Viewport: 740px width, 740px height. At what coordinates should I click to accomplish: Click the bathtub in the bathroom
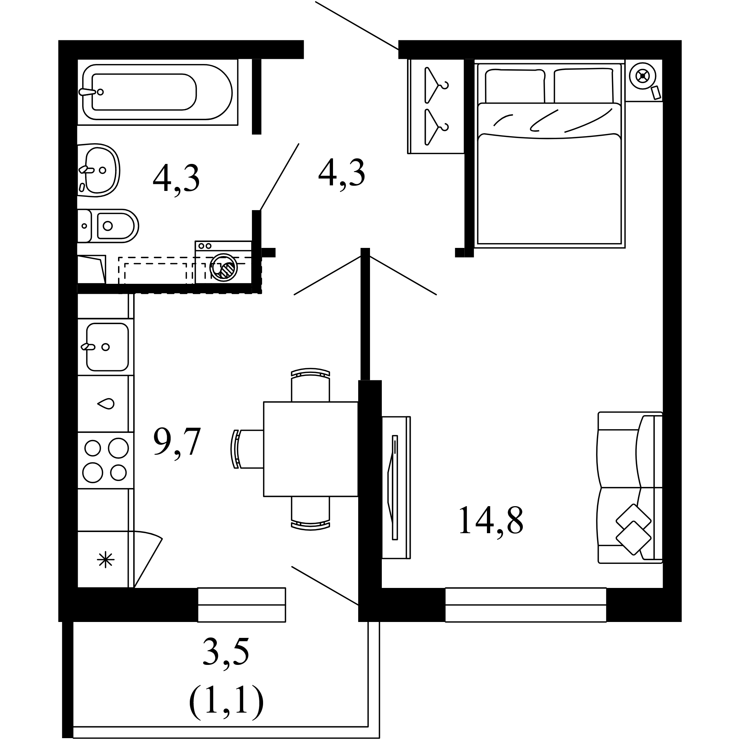coord(157,92)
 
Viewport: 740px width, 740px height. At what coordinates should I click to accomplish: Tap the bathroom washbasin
coord(99,171)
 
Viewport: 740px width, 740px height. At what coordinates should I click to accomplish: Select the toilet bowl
coord(108,226)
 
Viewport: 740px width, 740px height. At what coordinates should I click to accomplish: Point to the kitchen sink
coord(107,347)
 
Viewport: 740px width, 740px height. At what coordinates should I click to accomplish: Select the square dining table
coord(311,449)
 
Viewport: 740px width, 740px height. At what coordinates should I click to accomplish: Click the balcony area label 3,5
coord(226,652)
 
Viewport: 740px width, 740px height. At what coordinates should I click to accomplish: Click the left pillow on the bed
coord(515,86)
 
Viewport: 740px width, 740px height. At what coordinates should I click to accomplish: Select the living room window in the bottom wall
coord(525,605)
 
